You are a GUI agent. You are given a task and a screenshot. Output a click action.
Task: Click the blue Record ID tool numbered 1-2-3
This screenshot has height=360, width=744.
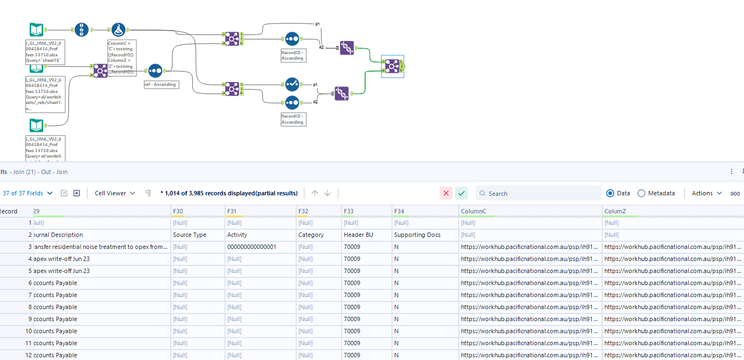(x=82, y=30)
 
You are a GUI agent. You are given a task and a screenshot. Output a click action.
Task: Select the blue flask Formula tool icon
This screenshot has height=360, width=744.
(x=119, y=30)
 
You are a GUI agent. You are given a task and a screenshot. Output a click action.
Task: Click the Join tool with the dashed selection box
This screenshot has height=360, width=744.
(x=391, y=66)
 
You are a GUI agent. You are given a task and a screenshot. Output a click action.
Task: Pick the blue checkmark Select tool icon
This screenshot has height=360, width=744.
(x=292, y=84)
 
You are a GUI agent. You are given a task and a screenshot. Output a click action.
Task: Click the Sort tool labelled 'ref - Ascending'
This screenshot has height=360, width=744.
(x=155, y=71)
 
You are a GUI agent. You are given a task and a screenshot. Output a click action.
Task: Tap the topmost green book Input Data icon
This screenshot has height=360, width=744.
(x=37, y=30)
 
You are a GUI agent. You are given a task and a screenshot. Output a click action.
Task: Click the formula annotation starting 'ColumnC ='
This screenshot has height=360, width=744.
(x=122, y=57)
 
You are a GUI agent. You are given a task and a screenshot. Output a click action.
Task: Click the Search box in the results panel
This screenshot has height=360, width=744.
(x=542, y=193)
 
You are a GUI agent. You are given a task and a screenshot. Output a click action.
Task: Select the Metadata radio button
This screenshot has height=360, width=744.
(x=642, y=193)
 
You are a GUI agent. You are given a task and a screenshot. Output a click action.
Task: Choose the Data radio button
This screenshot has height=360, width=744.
(x=610, y=193)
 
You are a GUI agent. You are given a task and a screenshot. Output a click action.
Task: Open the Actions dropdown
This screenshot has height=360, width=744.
(x=707, y=193)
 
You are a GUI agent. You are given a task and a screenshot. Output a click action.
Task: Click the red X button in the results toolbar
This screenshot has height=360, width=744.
(x=446, y=193)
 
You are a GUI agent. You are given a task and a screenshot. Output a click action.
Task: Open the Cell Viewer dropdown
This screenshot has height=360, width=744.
(x=115, y=193)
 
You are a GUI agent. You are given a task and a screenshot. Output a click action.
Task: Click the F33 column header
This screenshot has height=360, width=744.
(x=367, y=211)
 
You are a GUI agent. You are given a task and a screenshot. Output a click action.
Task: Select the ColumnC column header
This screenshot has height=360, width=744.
(x=530, y=211)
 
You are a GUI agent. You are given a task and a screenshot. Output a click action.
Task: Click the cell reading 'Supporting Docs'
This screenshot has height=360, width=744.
(x=417, y=235)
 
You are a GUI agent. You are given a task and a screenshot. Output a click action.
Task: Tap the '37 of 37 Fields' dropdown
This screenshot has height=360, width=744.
(x=27, y=193)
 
